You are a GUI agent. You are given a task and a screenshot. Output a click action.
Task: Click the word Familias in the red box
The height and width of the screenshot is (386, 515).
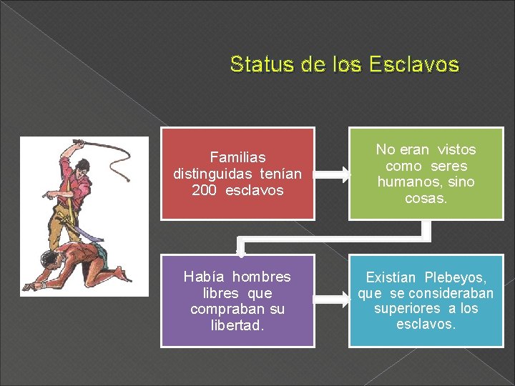(x=237, y=157)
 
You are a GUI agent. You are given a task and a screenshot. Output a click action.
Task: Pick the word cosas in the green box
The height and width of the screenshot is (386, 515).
(x=426, y=198)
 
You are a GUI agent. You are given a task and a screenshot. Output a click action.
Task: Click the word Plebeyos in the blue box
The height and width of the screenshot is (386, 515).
(x=456, y=277)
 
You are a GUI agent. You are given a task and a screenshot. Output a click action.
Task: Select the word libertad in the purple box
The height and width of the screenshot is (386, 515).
(x=237, y=325)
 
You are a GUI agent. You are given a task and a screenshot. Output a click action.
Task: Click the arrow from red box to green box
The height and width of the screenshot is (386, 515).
(x=331, y=174)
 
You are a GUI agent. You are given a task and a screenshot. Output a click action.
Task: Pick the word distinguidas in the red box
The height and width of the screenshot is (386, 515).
(x=216, y=174)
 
